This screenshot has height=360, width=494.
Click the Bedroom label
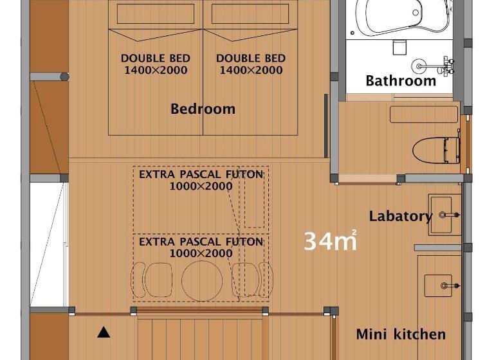(x=203, y=109)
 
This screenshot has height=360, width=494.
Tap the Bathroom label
(x=401, y=80)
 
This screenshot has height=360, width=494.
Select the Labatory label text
(x=401, y=217)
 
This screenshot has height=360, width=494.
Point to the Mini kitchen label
(x=401, y=334)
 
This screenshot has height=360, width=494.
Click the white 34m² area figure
(x=331, y=241)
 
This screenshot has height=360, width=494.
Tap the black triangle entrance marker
(x=104, y=332)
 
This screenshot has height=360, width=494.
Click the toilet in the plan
(x=436, y=150)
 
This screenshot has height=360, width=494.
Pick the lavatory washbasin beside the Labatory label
(x=444, y=215)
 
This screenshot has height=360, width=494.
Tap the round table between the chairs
(x=202, y=281)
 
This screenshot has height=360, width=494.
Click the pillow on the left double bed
(x=156, y=14)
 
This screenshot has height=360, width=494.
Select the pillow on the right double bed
(x=250, y=14)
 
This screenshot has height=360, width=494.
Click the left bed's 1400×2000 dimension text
(x=156, y=70)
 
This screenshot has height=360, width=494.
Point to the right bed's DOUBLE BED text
(x=251, y=59)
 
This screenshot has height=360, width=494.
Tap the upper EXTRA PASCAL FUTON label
(x=201, y=174)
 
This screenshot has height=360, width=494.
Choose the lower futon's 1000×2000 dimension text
(x=201, y=253)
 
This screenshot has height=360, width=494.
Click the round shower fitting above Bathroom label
(x=419, y=66)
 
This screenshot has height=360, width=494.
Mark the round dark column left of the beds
(x=64, y=76)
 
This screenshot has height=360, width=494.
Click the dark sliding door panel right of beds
(x=326, y=125)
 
